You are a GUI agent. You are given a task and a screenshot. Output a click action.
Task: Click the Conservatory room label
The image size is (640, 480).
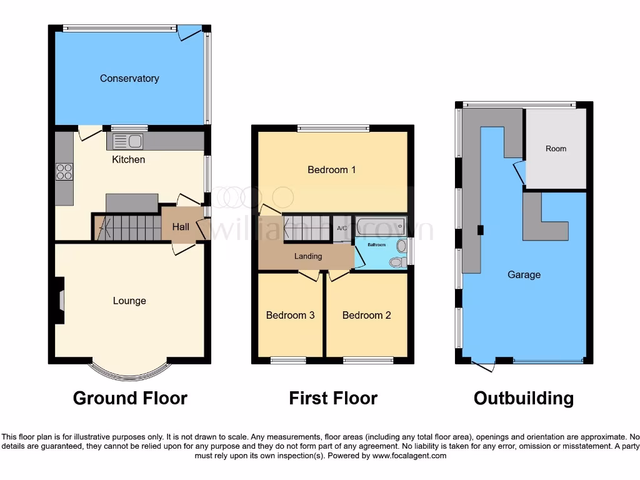pos(129,78)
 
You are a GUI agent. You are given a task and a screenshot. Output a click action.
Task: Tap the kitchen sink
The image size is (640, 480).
pos(128,141)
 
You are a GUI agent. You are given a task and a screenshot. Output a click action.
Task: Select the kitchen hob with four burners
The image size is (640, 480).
pos(64,171)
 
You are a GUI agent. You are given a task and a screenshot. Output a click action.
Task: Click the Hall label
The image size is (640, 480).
pos(181,226)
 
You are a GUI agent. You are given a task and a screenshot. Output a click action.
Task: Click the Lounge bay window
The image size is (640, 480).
pos(129,372)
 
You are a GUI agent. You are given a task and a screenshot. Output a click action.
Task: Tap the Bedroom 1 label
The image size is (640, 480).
pos(332,169)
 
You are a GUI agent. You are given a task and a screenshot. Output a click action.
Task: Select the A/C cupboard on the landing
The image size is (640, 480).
pos(342,229)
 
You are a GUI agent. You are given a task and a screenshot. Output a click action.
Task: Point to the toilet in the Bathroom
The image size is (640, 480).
pos(396,262)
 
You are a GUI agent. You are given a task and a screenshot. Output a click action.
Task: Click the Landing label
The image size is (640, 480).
pos(308,256)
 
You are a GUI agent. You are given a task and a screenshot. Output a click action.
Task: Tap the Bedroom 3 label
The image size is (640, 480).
pos(290,315)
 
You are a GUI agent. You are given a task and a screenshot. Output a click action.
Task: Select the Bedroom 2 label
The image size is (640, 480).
pos(366,315)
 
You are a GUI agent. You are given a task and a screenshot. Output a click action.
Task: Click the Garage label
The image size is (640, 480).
pos(524,274)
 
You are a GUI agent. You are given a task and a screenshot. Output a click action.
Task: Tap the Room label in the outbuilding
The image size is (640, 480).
pos(556,149)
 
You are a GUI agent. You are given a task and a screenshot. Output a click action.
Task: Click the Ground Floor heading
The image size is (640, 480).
pos(130,398)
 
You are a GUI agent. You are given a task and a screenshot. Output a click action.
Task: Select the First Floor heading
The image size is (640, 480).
pos(333,398)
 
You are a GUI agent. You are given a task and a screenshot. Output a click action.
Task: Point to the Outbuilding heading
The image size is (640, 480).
pos(524,398)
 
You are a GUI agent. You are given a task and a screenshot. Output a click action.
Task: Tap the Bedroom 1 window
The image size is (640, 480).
pos(333,129)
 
